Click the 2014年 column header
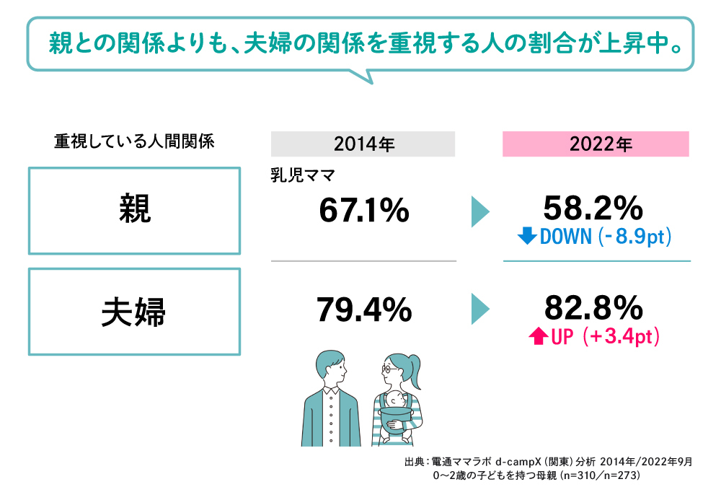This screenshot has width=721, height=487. point(363,144)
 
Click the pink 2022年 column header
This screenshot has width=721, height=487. point(596,144)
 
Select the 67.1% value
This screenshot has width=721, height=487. point(363,211)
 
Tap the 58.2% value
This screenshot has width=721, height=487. point(593,209)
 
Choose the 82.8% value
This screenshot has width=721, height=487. point(593,309)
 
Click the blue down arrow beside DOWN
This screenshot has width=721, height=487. point(527,236)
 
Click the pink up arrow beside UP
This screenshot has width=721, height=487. point(539,336)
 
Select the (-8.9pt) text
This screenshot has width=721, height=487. point(634,236)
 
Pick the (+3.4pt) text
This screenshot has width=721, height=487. point(624,336)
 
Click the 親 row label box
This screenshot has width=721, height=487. point(134,211)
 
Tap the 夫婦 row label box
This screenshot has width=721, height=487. point(134,311)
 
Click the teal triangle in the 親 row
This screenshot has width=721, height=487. point(479,211)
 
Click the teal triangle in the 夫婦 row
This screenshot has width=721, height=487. point(479,309)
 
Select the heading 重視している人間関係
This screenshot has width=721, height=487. point(134,141)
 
